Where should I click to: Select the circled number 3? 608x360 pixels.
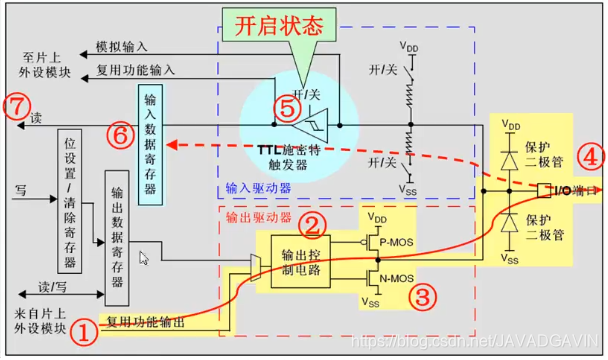coord(424,296)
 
